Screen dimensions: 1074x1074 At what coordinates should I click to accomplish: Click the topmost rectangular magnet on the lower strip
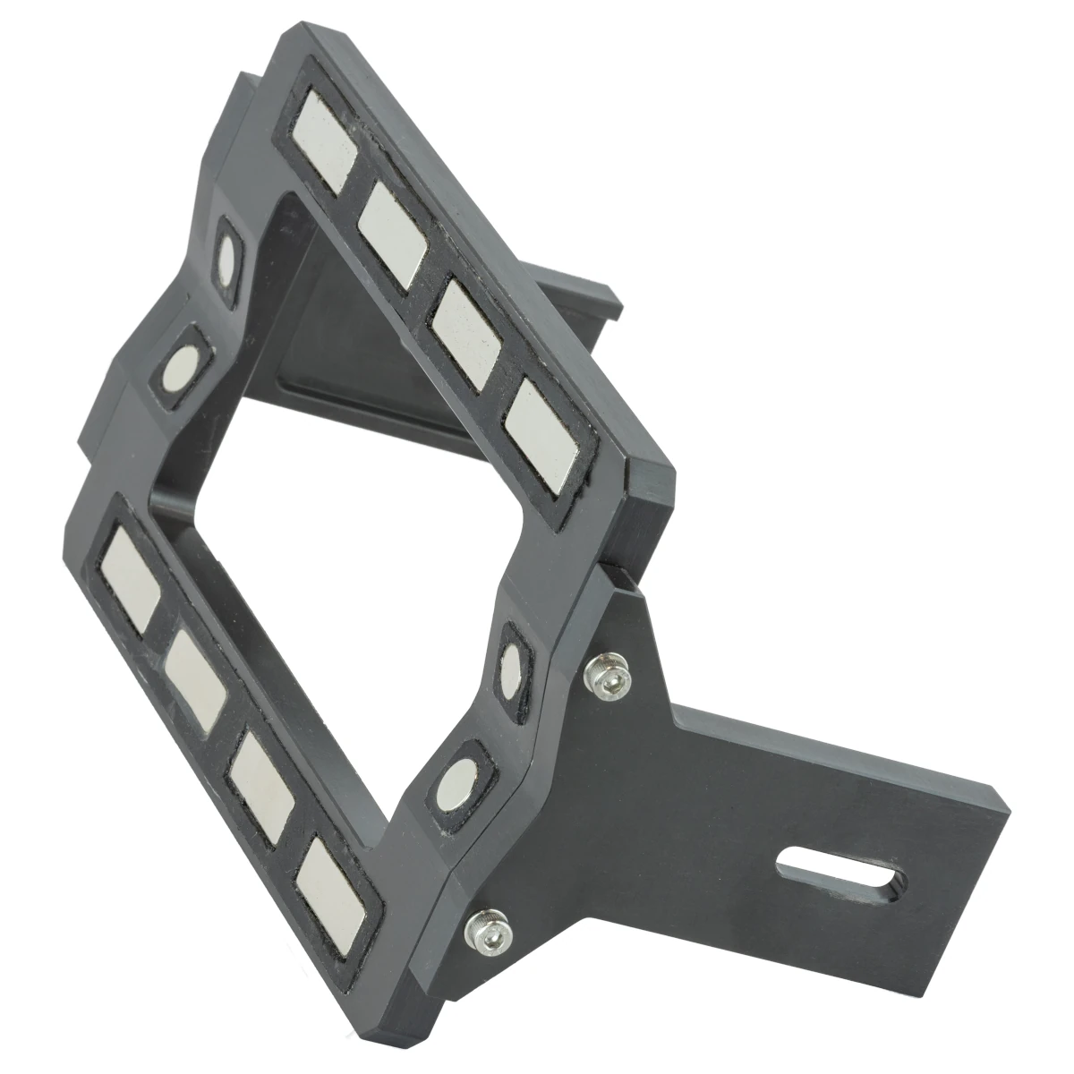click(x=132, y=575)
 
